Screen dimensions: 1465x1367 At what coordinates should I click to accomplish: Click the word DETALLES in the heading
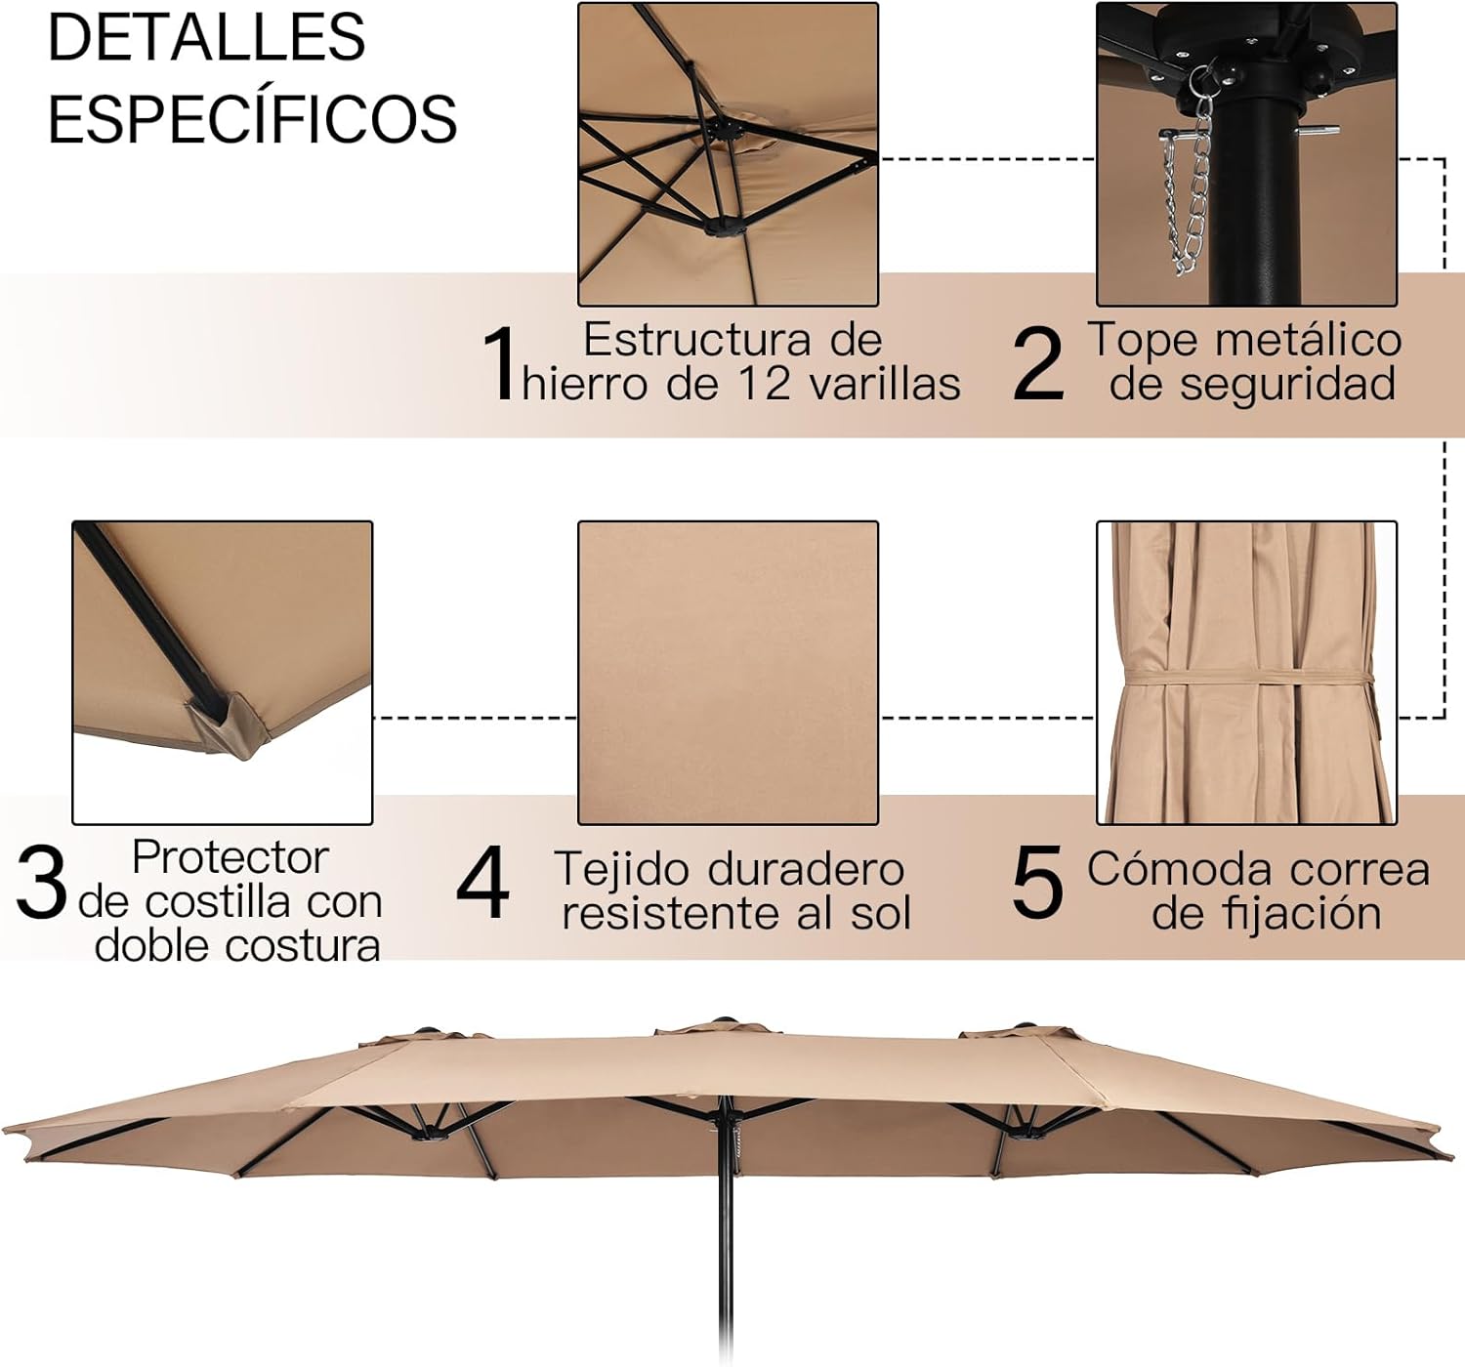point(206,38)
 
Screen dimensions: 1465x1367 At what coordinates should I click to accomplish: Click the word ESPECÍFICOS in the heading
point(252,118)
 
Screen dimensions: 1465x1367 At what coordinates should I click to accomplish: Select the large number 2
point(1038,363)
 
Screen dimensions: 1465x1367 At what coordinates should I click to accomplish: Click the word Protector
point(230,858)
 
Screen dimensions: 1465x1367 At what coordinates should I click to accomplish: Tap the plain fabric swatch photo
point(728,673)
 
